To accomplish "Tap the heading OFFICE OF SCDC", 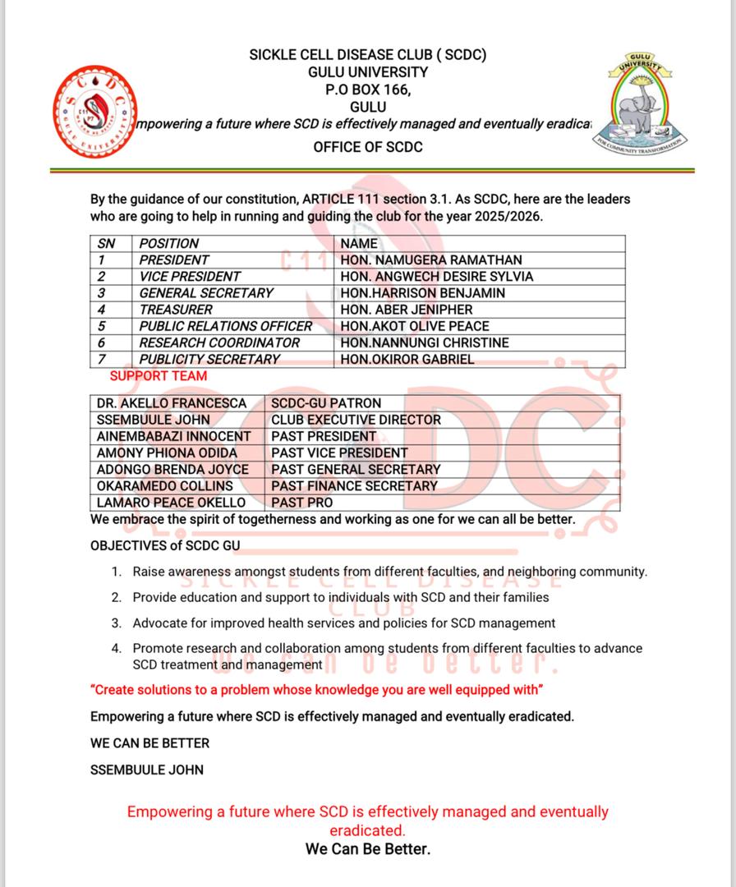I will coord(368,147).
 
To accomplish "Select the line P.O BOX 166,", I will coord(368,90).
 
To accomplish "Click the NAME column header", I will coord(359,244).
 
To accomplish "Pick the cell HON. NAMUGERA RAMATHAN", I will coord(431,260).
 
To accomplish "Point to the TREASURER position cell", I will coord(176,310).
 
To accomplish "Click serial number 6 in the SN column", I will coord(102,342).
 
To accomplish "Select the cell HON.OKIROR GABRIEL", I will coord(407,359).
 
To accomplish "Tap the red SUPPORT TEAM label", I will coord(159,376).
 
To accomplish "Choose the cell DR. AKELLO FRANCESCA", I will coord(172,403).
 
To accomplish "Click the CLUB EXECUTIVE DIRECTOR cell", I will coord(356,420).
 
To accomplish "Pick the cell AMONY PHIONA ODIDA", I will coord(167,453).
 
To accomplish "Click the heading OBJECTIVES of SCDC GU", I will coord(165,545).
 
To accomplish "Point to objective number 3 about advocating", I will coord(343,623).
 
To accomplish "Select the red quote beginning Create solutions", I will coord(316,689).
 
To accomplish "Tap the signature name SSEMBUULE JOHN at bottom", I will coord(147,770).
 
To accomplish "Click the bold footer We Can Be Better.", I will coord(368,849).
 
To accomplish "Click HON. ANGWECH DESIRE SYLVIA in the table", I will coord(437,277).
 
